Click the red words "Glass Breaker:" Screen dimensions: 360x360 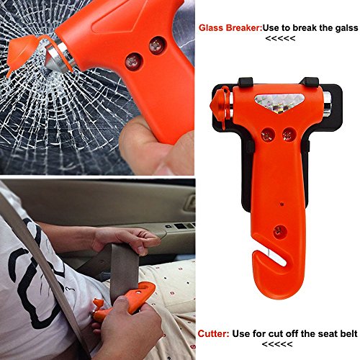(x=230, y=28)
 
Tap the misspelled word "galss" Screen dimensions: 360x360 (x=345, y=28)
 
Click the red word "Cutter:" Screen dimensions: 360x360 (x=213, y=333)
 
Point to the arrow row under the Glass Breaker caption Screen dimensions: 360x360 (x=280, y=38)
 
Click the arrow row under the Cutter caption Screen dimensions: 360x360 (x=277, y=344)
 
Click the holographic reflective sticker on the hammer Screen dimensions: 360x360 (x=278, y=104)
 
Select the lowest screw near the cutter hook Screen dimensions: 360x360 (x=281, y=232)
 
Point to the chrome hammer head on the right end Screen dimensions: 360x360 (x=327, y=104)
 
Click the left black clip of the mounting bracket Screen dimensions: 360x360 (x=245, y=81)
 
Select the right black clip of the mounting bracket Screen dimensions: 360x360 (x=310, y=81)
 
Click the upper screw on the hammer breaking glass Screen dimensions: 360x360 (x=157, y=45)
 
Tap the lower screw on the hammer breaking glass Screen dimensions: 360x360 (x=133, y=61)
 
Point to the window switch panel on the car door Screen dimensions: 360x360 (x=180, y=225)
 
